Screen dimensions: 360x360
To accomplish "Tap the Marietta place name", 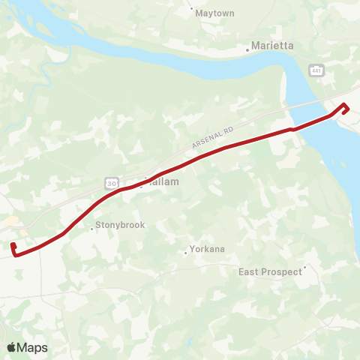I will (x=273, y=46).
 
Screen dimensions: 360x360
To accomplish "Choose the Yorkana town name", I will (x=208, y=249).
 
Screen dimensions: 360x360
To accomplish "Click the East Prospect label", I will (x=270, y=271).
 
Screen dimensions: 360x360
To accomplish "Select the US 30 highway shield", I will (x=111, y=182).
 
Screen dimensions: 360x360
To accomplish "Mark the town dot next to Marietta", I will (x=248, y=51).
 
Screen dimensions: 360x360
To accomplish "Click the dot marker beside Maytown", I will (x=193, y=10).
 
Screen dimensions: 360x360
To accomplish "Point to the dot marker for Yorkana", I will (x=186, y=253).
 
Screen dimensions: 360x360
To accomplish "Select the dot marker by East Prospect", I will (x=305, y=266).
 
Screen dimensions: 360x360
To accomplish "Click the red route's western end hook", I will (x=14, y=247).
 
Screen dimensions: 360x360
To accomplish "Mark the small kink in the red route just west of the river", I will (x=292, y=129).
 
